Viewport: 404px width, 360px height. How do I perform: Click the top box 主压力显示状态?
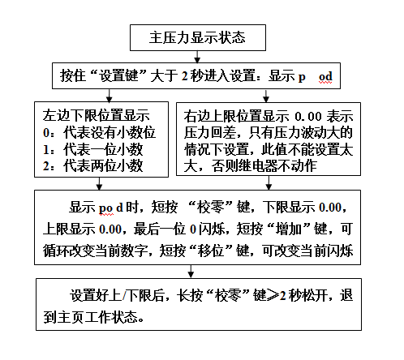198,37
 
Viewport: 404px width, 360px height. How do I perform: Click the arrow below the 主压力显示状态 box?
197,57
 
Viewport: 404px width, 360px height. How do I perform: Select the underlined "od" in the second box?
325,76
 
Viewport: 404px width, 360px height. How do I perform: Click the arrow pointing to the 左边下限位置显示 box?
109,96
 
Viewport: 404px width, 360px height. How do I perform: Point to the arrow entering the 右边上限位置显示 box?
266,96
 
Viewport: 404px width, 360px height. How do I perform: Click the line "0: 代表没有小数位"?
99,133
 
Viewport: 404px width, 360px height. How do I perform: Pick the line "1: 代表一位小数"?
92,149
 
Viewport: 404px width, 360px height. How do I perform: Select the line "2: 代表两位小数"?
92,165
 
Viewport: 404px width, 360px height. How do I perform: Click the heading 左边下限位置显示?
96,116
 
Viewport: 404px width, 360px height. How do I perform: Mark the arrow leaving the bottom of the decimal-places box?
99,184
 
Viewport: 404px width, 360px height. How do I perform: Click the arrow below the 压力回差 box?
269,183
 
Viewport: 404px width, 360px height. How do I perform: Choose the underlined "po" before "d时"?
105,208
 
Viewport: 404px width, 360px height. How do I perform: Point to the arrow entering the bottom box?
191,272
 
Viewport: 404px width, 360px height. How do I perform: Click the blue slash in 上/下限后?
124,295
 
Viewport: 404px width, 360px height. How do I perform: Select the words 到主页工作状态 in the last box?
90,317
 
